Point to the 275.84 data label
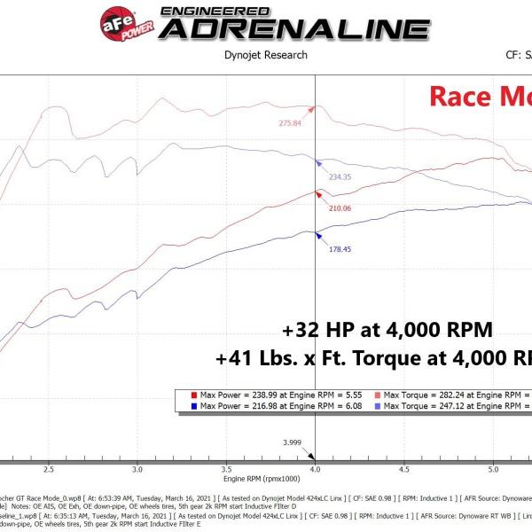point(290,123)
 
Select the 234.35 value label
point(340,176)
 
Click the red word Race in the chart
point(458,96)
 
